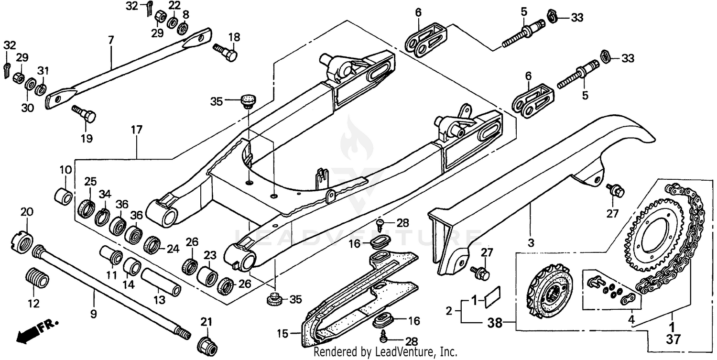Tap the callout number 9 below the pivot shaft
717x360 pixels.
[93, 314]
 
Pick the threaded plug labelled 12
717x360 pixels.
[36, 278]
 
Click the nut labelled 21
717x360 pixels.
[206, 343]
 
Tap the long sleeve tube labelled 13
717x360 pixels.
[160, 282]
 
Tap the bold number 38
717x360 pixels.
[495, 323]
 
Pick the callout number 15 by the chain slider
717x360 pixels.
[283, 333]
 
